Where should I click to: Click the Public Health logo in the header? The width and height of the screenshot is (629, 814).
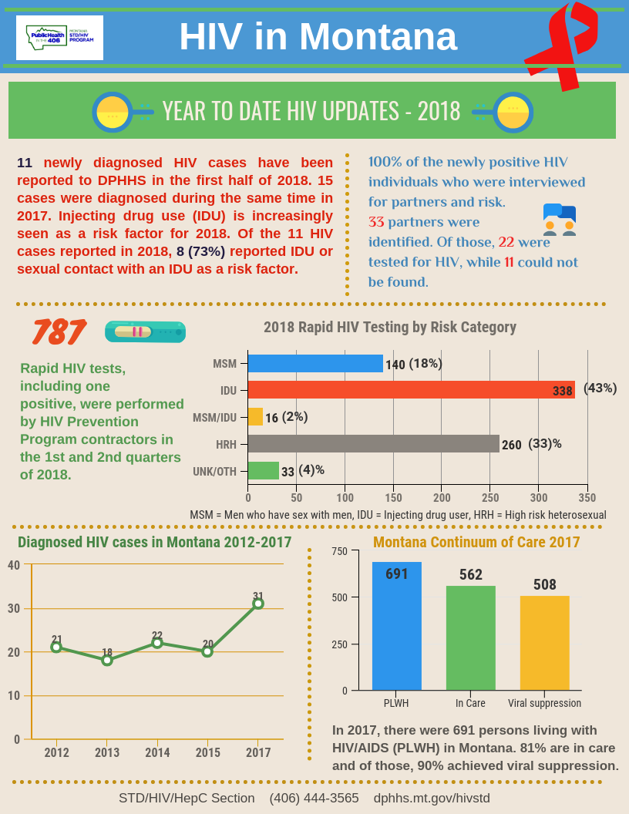59,37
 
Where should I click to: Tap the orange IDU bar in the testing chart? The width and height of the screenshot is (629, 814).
411,390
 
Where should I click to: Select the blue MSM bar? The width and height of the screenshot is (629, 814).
315,363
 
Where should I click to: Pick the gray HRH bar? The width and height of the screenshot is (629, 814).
373,444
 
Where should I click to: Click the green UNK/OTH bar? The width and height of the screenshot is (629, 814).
263,470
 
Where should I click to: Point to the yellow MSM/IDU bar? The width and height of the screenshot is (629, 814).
255,417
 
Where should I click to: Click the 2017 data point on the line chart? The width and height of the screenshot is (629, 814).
258,604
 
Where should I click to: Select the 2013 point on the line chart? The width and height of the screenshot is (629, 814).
107,660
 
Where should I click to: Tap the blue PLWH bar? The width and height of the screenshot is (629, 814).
397,626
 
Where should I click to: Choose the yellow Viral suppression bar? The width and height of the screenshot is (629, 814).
544,643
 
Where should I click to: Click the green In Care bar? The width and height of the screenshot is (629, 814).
470,637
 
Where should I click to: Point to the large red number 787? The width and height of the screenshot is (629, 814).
58,332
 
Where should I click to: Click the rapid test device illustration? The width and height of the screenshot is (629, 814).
145,332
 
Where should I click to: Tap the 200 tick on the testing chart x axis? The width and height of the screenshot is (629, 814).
442,497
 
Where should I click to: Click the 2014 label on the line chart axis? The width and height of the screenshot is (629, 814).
157,752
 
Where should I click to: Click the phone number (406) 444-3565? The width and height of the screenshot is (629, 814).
314,798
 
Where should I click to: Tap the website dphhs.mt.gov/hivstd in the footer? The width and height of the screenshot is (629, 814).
432,798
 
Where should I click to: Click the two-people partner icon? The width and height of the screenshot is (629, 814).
559,220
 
